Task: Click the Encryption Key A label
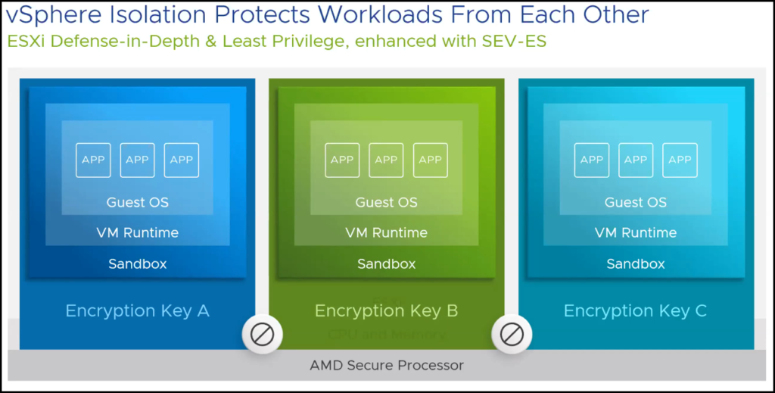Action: (x=137, y=310)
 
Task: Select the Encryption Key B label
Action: (x=386, y=310)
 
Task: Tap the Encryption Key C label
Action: (x=635, y=310)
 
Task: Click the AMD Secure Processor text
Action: (x=387, y=365)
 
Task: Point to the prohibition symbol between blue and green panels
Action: (x=263, y=333)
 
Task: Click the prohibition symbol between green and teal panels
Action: (x=512, y=333)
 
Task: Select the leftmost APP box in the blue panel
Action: (x=93, y=160)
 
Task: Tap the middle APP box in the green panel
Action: (x=386, y=160)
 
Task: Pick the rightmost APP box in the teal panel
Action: (x=680, y=160)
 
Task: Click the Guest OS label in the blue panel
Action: (x=137, y=202)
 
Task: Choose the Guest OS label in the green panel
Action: (x=386, y=202)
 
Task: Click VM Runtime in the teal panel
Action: (x=635, y=232)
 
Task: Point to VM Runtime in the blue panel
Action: (x=137, y=232)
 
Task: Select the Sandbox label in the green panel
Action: (x=386, y=264)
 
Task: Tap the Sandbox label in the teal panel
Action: (x=635, y=264)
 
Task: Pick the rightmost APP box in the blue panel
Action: (x=182, y=160)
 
